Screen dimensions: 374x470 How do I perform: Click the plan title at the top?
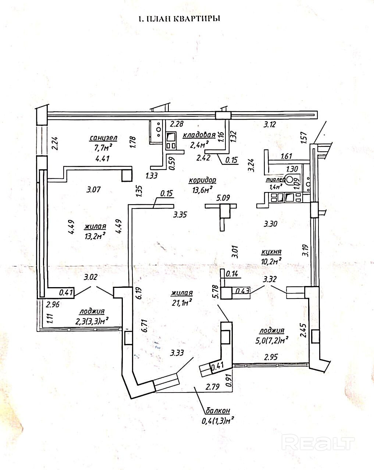(179, 19)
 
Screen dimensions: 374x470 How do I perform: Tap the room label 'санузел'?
(103, 138)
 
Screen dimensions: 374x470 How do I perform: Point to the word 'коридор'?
(202, 180)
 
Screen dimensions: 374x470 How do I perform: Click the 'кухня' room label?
(271, 252)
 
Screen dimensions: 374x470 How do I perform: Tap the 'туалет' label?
(275, 180)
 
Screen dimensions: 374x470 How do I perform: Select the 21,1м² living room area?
(182, 303)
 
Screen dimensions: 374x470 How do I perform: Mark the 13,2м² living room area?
(95, 235)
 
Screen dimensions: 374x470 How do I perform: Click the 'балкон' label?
(218, 411)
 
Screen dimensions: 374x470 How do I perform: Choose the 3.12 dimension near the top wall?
(270, 124)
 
